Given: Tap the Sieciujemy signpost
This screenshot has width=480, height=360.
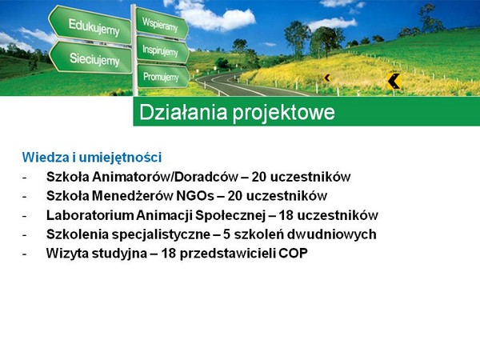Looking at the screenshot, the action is point(91,58).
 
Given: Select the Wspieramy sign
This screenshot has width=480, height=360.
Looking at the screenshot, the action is point(162,24).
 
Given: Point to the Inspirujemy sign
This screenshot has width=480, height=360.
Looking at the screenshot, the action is point(162,50).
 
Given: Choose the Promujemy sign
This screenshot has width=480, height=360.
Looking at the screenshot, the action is point(163,77).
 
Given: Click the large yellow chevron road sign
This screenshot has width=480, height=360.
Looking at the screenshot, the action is point(394,82).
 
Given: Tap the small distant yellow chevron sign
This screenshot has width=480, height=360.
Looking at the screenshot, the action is point(327,78).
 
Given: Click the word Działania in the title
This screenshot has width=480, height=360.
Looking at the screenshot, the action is point(183,112).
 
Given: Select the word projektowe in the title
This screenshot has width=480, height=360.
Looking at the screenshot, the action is point(284,114).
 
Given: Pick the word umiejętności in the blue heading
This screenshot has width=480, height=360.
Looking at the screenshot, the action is point(120,158).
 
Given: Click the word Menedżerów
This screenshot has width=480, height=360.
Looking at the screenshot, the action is point(133,196).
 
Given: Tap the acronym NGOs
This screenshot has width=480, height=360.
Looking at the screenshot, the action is point(195,196).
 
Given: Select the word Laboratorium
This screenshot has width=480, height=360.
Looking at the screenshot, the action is point(90,215).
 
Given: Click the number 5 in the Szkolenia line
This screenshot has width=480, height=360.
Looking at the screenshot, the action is point(226,234).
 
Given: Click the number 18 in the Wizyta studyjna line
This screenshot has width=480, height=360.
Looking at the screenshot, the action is point(168,254).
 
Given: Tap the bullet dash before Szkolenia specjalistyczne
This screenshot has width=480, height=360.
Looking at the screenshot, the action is point(24,234).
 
